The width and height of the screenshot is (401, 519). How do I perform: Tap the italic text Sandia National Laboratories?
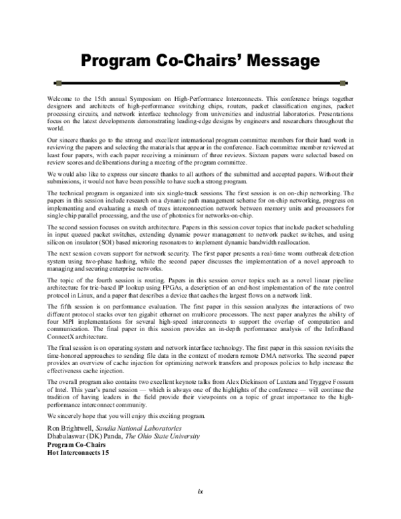(140, 427)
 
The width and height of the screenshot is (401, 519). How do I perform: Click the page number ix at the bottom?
(200, 493)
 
